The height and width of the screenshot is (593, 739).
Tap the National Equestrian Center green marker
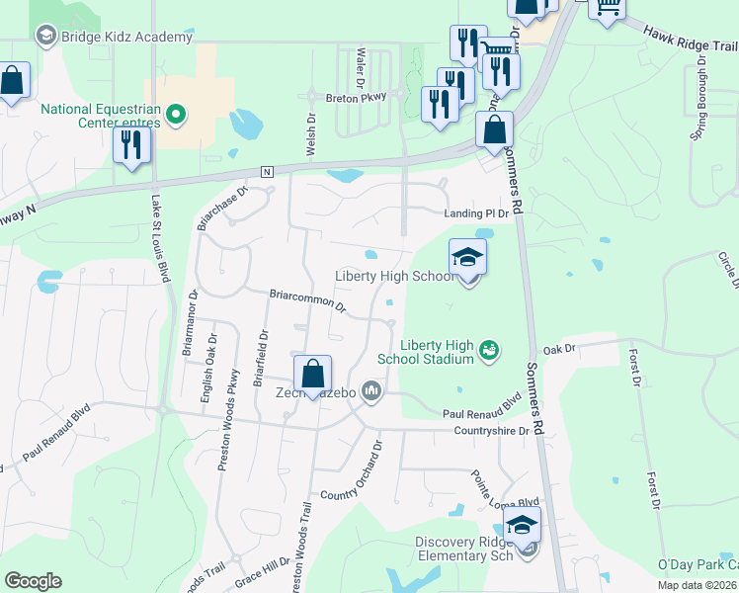click(177, 116)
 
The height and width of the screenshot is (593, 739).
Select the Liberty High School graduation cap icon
click(468, 258)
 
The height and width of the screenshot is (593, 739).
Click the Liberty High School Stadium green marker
click(488, 349)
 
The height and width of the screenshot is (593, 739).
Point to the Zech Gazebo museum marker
click(371, 392)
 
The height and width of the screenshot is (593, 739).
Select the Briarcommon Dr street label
click(308, 299)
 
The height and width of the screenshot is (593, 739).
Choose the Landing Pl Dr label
click(475, 213)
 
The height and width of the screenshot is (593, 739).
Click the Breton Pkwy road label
click(357, 97)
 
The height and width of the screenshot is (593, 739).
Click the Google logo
click(33, 581)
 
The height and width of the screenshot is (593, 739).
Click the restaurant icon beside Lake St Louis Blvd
click(130, 146)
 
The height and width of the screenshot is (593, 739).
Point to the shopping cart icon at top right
click(607, 7)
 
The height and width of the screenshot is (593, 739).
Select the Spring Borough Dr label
click(698, 98)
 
